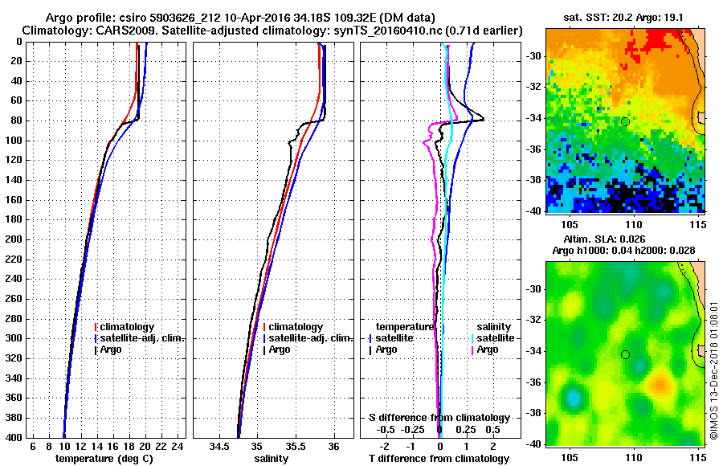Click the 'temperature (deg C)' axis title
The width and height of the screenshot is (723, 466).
(x=104, y=458)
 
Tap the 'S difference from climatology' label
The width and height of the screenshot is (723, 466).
(x=439, y=418)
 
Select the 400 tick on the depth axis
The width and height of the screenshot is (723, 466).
(x=18, y=437)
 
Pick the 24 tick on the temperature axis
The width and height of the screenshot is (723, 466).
(x=178, y=445)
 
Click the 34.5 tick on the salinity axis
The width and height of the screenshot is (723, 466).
(x=219, y=445)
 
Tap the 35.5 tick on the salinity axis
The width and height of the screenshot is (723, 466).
(x=295, y=445)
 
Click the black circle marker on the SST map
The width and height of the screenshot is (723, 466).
(x=625, y=121)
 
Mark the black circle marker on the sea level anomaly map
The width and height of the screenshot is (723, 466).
(x=625, y=354)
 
